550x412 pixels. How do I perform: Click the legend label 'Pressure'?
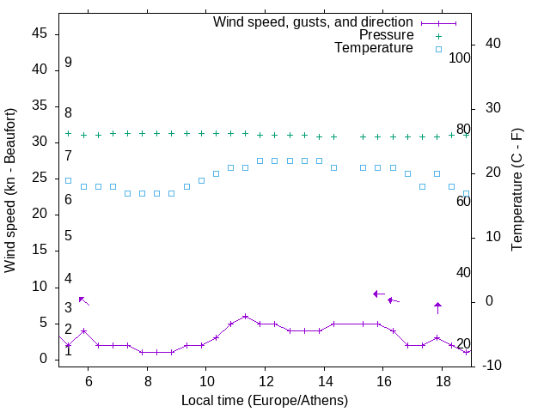pos(386,35)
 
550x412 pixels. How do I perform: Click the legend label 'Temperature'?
pos(374,48)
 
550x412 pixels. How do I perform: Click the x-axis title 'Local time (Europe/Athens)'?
pos(265,401)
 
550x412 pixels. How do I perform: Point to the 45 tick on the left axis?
pos(39,33)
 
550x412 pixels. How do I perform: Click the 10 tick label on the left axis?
pos(39,287)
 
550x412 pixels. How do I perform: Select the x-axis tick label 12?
pos(265,381)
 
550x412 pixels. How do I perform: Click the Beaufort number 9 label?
pos(68,63)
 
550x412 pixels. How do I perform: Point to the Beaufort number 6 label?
pos(68,200)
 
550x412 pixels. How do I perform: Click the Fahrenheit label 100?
pos(460,58)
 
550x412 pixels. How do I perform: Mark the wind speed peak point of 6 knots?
pos(245,316)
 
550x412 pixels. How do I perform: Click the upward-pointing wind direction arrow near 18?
pos(437,307)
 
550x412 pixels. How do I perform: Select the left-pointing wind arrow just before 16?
pos(378,294)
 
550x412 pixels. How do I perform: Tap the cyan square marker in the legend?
pos(438,49)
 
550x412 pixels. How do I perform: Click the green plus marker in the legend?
pos(438,36)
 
